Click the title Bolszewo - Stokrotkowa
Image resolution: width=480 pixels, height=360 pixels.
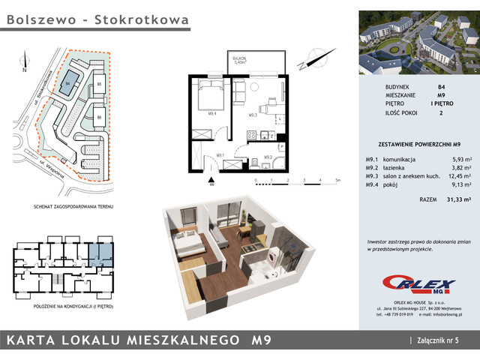[x=97, y=21]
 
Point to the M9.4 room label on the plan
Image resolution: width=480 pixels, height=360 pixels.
[x=212, y=114]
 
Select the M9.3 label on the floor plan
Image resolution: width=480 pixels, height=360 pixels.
[x=253, y=115]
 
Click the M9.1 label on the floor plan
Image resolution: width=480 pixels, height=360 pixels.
[x=220, y=155]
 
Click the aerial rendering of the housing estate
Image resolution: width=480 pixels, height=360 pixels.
[x=418, y=42]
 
